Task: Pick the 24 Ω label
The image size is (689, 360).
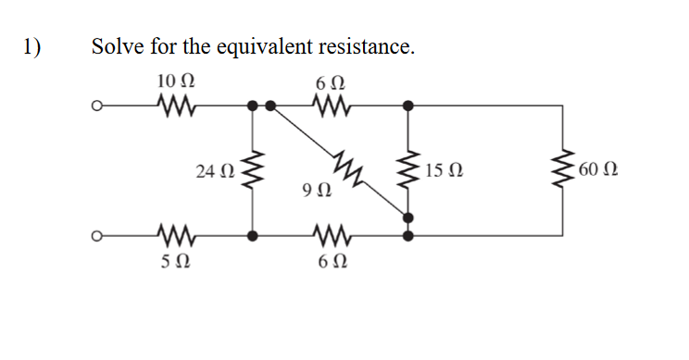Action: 215,171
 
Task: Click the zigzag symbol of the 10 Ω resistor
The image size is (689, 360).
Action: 175,106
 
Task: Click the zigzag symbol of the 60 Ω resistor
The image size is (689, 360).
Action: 562,171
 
